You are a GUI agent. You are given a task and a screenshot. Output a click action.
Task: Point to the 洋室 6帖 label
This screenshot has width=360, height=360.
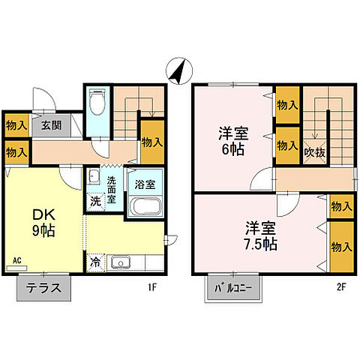pyautogui.click(x=232, y=140)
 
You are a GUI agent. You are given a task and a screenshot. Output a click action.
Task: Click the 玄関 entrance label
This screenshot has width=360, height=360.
pyautogui.click(x=50, y=125)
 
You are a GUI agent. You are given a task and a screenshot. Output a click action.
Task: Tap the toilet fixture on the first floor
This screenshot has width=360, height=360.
pyautogui.click(x=96, y=106)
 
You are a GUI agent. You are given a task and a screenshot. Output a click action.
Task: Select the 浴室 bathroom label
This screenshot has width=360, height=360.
pyautogui.click(x=145, y=182)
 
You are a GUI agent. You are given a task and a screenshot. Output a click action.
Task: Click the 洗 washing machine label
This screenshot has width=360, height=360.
pyautogui.click(x=95, y=201)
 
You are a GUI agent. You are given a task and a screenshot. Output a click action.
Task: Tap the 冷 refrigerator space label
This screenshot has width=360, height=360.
pyautogui.click(x=95, y=262)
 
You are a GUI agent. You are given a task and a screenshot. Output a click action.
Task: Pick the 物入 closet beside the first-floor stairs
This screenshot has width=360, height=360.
pyautogui.click(x=152, y=141)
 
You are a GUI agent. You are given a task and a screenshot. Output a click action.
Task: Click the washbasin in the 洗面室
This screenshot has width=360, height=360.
pyautogui.click(x=92, y=178)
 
